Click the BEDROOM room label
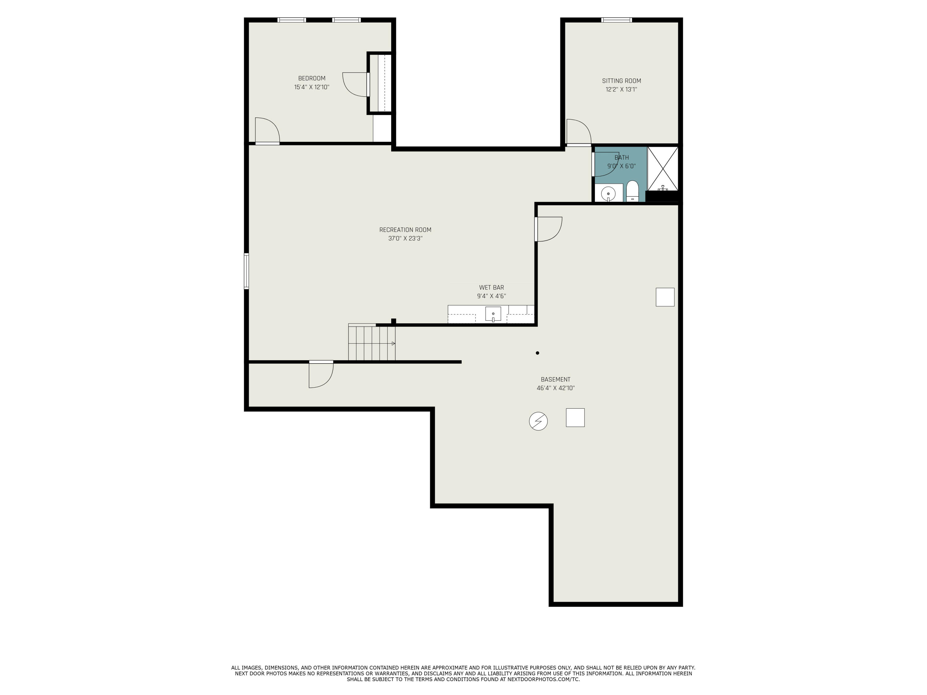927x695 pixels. pyautogui.click(x=311, y=78)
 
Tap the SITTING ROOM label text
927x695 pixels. pyautogui.click(x=621, y=81)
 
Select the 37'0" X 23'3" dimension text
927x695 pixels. pyautogui.click(x=405, y=238)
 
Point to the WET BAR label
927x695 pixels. pyautogui.click(x=491, y=287)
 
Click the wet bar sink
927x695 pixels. pyautogui.click(x=493, y=314)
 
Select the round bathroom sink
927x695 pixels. pyautogui.click(x=608, y=194)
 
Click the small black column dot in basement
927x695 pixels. pyautogui.click(x=537, y=353)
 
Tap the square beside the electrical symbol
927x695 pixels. pyautogui.click(x=575, y=418)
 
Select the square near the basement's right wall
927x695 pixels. pyautogui.click(x=665, y=297)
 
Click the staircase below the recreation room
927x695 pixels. pyautogui.click(x=371, y=343)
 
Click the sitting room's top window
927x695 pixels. pyautogui.click(x=616, y=20)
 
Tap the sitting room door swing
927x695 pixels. pyautogui.click(x=578, y=132)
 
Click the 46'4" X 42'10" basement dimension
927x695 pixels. pyautogui.click(x=555, y=388)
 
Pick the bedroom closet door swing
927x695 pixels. pyautogui.click(x=355, y=84)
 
